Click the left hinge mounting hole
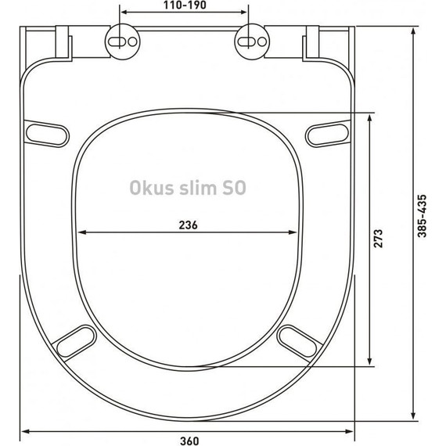coord(124,40)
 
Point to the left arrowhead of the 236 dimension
coord(81,232)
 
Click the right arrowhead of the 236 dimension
coord(297,232)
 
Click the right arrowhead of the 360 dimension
coord(351,430)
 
